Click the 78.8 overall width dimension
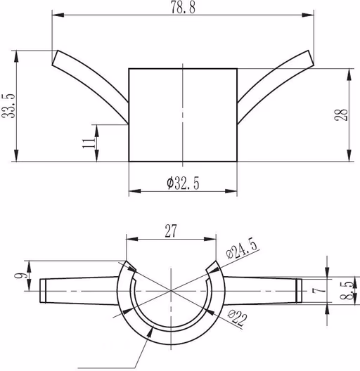click(x=183, y=8)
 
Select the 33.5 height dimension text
click(x=8, y=106)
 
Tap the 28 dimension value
click(x=341, y=115)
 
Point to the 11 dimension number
click(x=89, y=143)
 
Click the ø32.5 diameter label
click(x=183, y=183)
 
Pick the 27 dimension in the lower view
click(x=171, y=231)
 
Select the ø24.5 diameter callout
click(x=241, y=250)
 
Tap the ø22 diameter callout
click(x=238, y=318)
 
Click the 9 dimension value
click(x=18, y=275)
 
